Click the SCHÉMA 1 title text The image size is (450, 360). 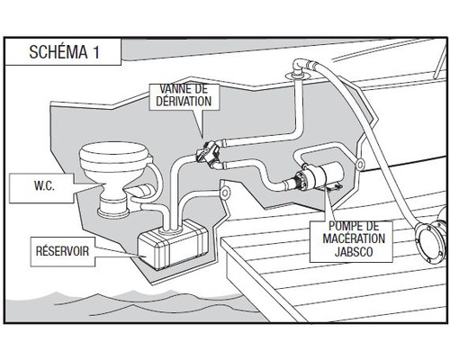pyautogui.click(x=64, y=52)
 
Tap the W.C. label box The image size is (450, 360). pyautogui.click(x=41, y=188)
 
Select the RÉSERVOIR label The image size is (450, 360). pyautogui.click(x=63, y=251)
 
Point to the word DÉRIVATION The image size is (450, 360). pyautogui.click(x=184, y=101)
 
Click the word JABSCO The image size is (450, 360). pyautogui.click(x=354, y=252)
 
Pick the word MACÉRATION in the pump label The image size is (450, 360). pyautogui.click(x=354, y=238)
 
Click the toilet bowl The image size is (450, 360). pyautogui.click(x=113, y=166)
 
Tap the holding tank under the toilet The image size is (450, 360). pyautogui.click(x=173, y=244)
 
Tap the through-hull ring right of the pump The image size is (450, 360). pyautogui.click(x=359, y=164)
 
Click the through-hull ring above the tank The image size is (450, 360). pyautogui.click(x=224, y=193)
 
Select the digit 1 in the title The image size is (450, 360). pyautogui.click(x=95, y=52)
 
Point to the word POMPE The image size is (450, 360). pyautogui.click(x=354, y=226)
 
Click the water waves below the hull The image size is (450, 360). pyautogui.click(x=126, y=304)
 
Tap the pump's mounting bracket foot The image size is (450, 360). pyautogui.click(x=334, y=188)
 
